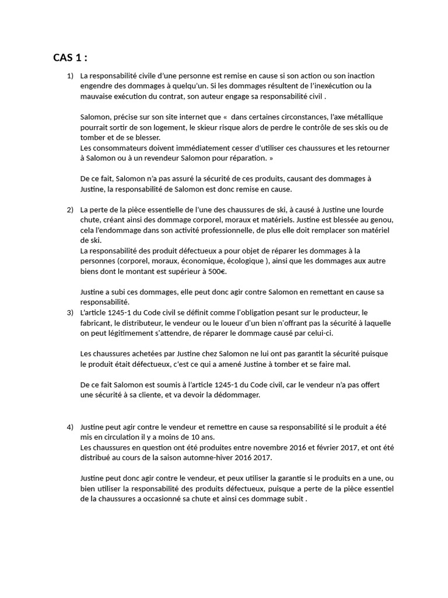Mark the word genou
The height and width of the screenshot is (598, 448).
(382, 220)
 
